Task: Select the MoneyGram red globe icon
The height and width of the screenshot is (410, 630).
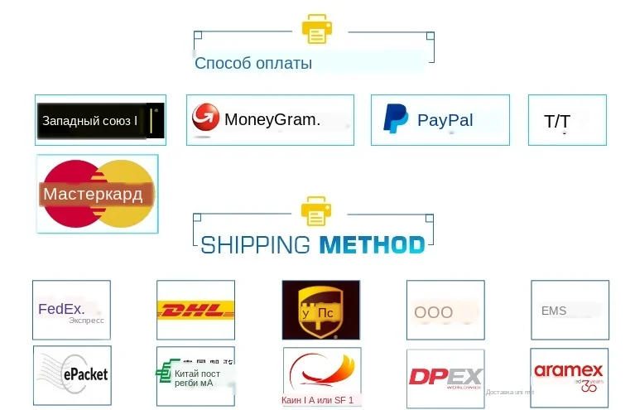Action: pos(205,118)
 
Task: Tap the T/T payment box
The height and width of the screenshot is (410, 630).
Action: pos(567,122)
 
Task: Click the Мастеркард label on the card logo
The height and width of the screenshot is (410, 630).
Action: pos(93,195)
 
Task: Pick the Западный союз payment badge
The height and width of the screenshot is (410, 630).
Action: pos(100,121)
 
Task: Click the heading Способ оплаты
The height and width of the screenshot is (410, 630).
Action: pos(253,63)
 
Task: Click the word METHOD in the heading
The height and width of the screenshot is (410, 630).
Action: pos(372,245)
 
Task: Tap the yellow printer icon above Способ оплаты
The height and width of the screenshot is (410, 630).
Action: pos(316,29)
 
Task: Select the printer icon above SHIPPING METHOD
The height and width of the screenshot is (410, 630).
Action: pos(316,210)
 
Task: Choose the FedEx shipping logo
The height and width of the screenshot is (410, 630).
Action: pos(71,311)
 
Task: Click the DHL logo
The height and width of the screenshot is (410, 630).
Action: pos(195,310)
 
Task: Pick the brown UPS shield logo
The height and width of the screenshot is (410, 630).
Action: pos(320,310)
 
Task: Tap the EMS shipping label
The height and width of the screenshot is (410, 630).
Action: pos(554,311)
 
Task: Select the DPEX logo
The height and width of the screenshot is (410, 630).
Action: pos(445,377)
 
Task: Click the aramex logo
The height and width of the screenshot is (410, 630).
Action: pos(568,373)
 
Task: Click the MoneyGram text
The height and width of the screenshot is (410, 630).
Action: pos(272,119)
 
